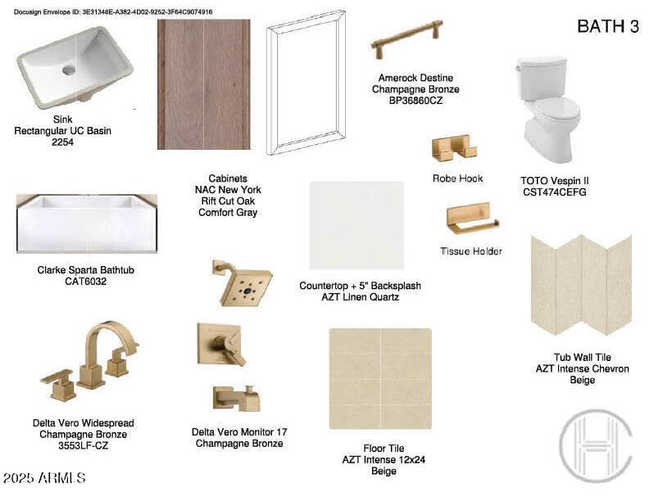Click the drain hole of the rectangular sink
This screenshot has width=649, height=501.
pyautogui.click(x=69, y=70)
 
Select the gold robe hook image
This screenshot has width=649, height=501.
pyautogui.click(x=454, y=147)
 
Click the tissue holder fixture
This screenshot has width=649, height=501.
pyautogui.click(x=472, y=219)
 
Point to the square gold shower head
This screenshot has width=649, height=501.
pyautogui.click(x=242, y=283)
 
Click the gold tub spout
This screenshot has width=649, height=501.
pyautogui.click(x=237, y=399)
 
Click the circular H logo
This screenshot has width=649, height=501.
pyautogui.click(x=596, y=445)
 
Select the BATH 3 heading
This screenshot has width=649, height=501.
pyautogui.click(x=607, y=26)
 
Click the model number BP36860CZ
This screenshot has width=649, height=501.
pyautogui.click(x=415, y=101)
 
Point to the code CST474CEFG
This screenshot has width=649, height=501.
pyautogui.click(x=554, y=192)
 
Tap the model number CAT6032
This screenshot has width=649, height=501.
pyautogui.click(x=86, y=282)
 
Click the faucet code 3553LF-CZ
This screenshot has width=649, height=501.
pyautogui.click(x=84, y=445)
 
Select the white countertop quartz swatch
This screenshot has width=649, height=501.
pyautogui.click(x=356, y=225)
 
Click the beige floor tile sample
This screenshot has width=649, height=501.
pyautogui.click(x=380, y=379)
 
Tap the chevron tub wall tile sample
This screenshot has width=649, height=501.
pyautogui.click(x=582, y=285)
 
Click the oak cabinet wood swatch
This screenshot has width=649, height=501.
pyautogui.click(x=204, y=84)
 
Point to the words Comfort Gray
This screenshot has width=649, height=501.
pyautogui.click(x=228, y=213)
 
